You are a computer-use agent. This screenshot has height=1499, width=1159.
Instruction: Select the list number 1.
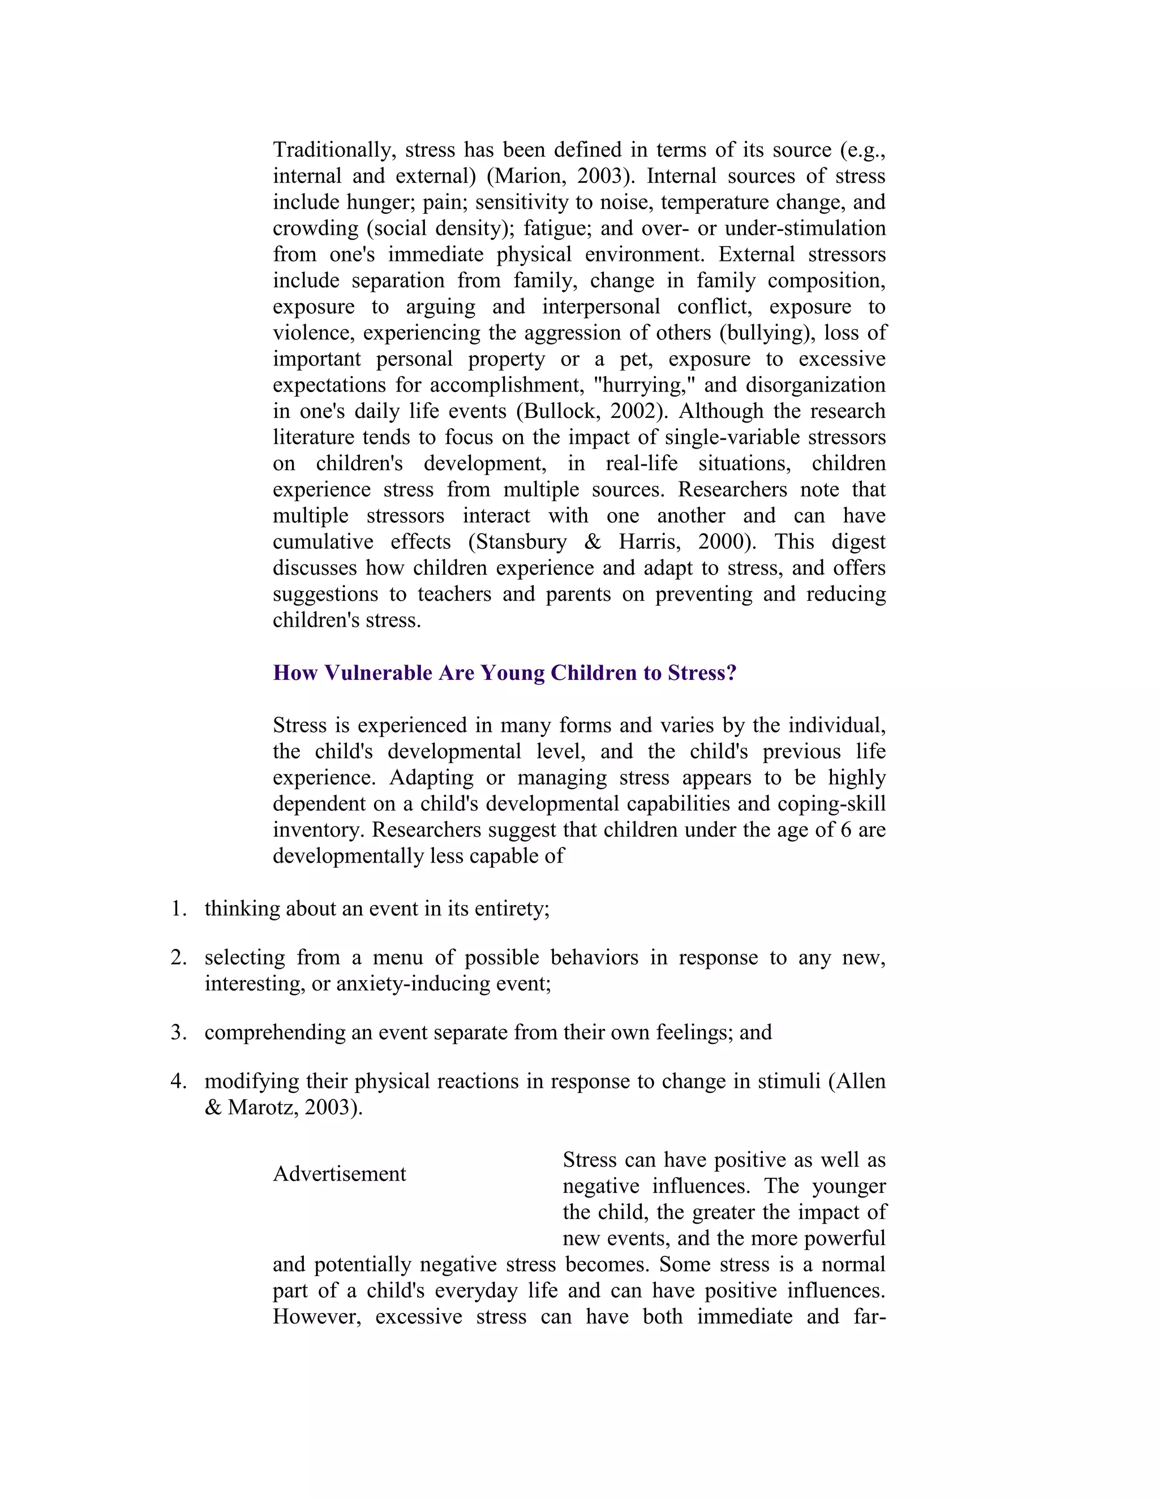[178, 909]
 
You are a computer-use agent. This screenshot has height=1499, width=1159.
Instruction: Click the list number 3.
[178, 1032]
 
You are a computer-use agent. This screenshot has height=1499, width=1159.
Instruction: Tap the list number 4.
[178, 1081]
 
